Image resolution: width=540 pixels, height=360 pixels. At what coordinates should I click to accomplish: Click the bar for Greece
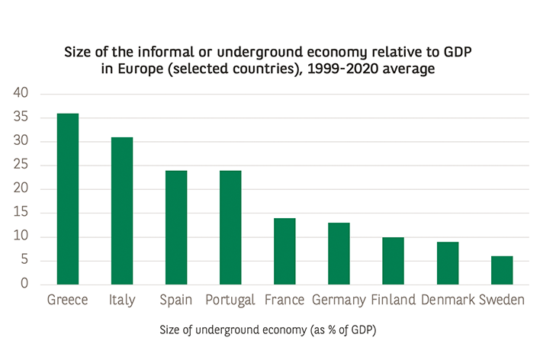click(x=68, y=199)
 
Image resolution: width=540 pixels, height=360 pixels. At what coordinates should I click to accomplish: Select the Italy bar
click(x=122, y=211)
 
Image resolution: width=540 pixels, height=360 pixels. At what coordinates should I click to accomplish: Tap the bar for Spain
click(x=176, y=227)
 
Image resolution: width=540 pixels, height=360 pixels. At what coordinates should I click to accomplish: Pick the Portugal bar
click(x=230, y=227)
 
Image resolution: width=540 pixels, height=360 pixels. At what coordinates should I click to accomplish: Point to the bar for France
click(x=284, y=252)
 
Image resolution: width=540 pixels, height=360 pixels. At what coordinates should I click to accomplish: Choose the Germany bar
click(x=339, y=254)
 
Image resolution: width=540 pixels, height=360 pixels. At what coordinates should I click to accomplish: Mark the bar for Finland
click(x=393, y=261)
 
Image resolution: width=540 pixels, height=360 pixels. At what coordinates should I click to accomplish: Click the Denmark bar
click(x=447, y=263)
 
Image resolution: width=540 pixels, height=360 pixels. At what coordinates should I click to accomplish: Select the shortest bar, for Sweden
click(x=501, y=270)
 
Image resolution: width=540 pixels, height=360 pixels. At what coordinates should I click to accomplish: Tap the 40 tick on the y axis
click(x=20, y=94)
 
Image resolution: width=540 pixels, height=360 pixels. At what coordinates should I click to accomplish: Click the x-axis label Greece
click(x=68, y=301)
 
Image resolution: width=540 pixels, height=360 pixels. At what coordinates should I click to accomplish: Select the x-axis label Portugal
click(x=230, y=301)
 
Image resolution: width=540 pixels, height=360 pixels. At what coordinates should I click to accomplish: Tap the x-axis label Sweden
click(x=501, y=301)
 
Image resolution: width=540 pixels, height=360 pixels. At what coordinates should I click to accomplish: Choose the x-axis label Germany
click(x=339, y=301)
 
